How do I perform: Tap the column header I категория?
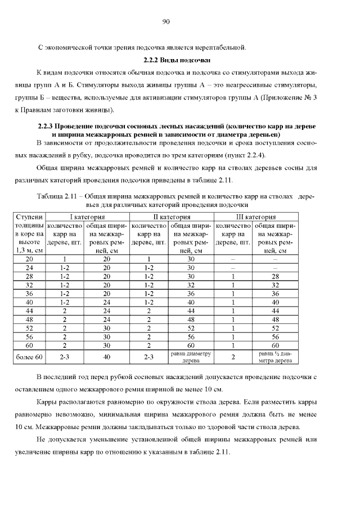pyautogui.click(x=87, y=217)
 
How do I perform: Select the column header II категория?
pyautogui.click(x=172, y=217)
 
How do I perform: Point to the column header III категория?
pyautogui.click(x=255, y=217)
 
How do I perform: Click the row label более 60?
pyautogui.click(x=30, y=357)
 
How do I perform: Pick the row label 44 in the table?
pyautogui.click(x=30, y=310)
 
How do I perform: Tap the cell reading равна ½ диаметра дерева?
pyautogui.click(x=275, y=357)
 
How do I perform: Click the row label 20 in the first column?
pyautogui.click(x=30, y=259)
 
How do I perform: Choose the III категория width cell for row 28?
pyautogui.click(x=275, y=276)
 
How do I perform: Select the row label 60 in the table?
pyautogui.click(x=30, y=345)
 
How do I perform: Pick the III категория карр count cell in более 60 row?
pyautogui.click(x=233, y=357)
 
